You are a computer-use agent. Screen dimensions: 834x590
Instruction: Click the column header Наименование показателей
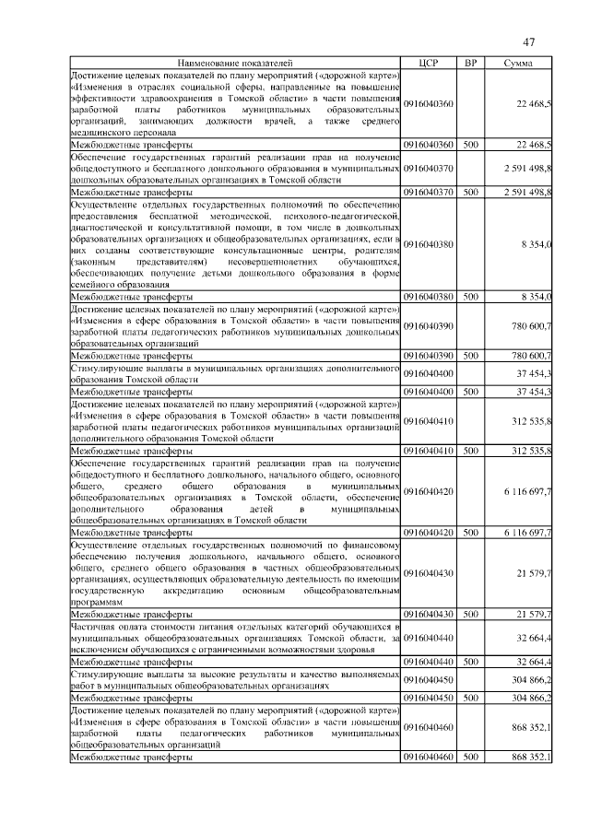point(235,63)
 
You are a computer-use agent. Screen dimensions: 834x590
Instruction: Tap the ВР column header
point(470,63)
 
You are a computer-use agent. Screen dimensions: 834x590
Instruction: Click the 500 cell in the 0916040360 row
point(470,145)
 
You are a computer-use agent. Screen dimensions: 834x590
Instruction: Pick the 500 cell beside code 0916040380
point(470,297)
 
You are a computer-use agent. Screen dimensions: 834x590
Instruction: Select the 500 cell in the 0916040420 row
point(470,533)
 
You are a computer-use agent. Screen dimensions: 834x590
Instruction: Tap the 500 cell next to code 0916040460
point(470,757)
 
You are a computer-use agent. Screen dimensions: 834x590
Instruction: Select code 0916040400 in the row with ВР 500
point(429,392)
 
